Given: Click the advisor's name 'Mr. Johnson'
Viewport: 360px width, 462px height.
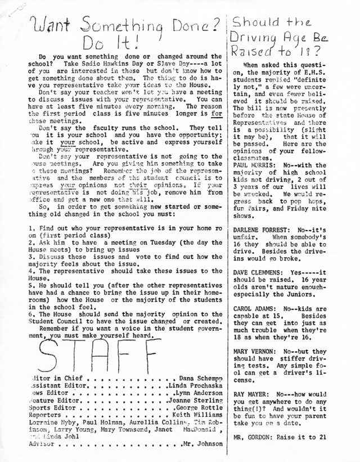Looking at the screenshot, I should [x=202, y=443].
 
